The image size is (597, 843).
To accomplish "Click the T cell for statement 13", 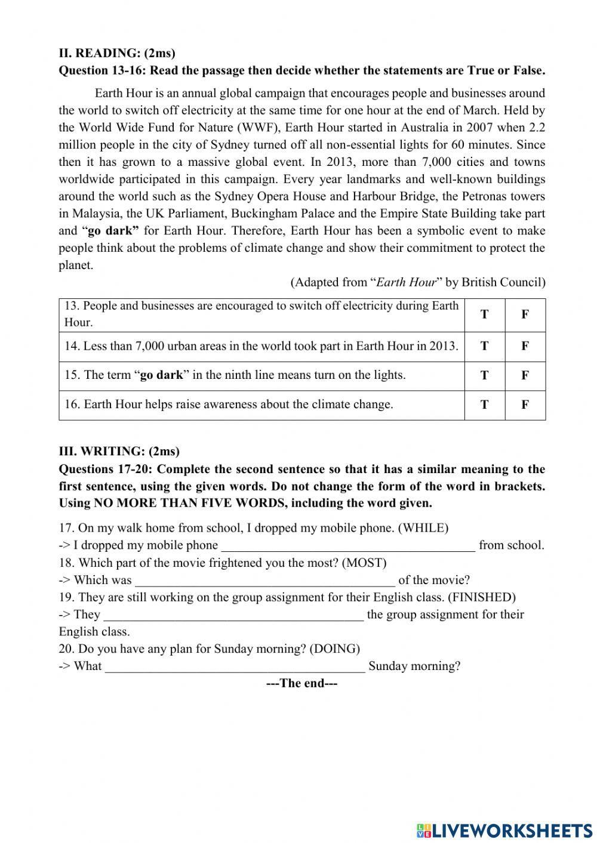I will (484, 314).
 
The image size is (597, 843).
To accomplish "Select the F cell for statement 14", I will (525, 346).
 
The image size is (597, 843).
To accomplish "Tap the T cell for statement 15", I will (484, 375).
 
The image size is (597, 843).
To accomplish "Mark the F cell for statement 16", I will (525, 404).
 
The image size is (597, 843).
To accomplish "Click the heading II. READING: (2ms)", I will (117, 53).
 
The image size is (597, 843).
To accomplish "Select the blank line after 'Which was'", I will (265, 580).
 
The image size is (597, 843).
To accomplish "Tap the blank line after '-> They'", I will (234, 615).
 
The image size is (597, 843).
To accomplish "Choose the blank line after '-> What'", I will (235, 666).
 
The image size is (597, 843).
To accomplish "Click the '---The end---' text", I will (301, 684).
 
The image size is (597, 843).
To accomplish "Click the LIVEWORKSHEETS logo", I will (504, 830).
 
